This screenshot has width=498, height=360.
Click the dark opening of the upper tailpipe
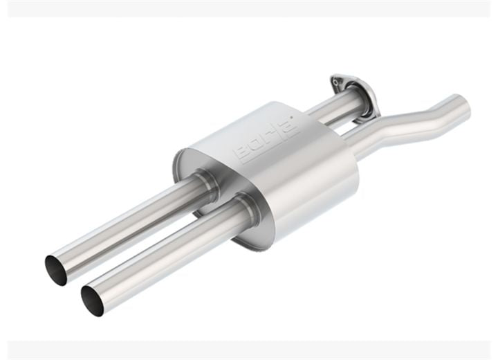pos(56,270)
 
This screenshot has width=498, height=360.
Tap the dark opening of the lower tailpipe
pos(92,300)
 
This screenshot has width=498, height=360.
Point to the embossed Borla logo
pos(266,138)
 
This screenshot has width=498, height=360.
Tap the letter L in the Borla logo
pos(278,131)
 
